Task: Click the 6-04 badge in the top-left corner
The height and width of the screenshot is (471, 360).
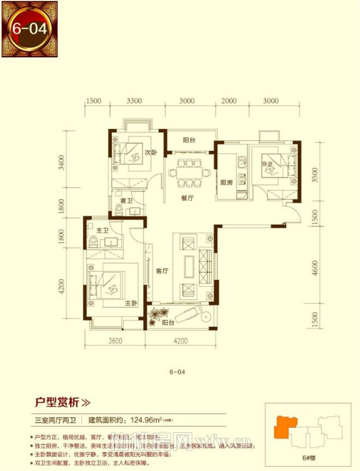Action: click(29, 28)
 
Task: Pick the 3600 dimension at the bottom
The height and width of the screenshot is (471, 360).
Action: click(115, 340)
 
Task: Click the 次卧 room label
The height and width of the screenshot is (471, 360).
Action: click(150, 152)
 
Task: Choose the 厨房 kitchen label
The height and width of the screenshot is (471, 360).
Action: click(227, 182)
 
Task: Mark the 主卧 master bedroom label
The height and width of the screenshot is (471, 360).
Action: click(131, 304)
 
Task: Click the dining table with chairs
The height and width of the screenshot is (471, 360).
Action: click(187, 172)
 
